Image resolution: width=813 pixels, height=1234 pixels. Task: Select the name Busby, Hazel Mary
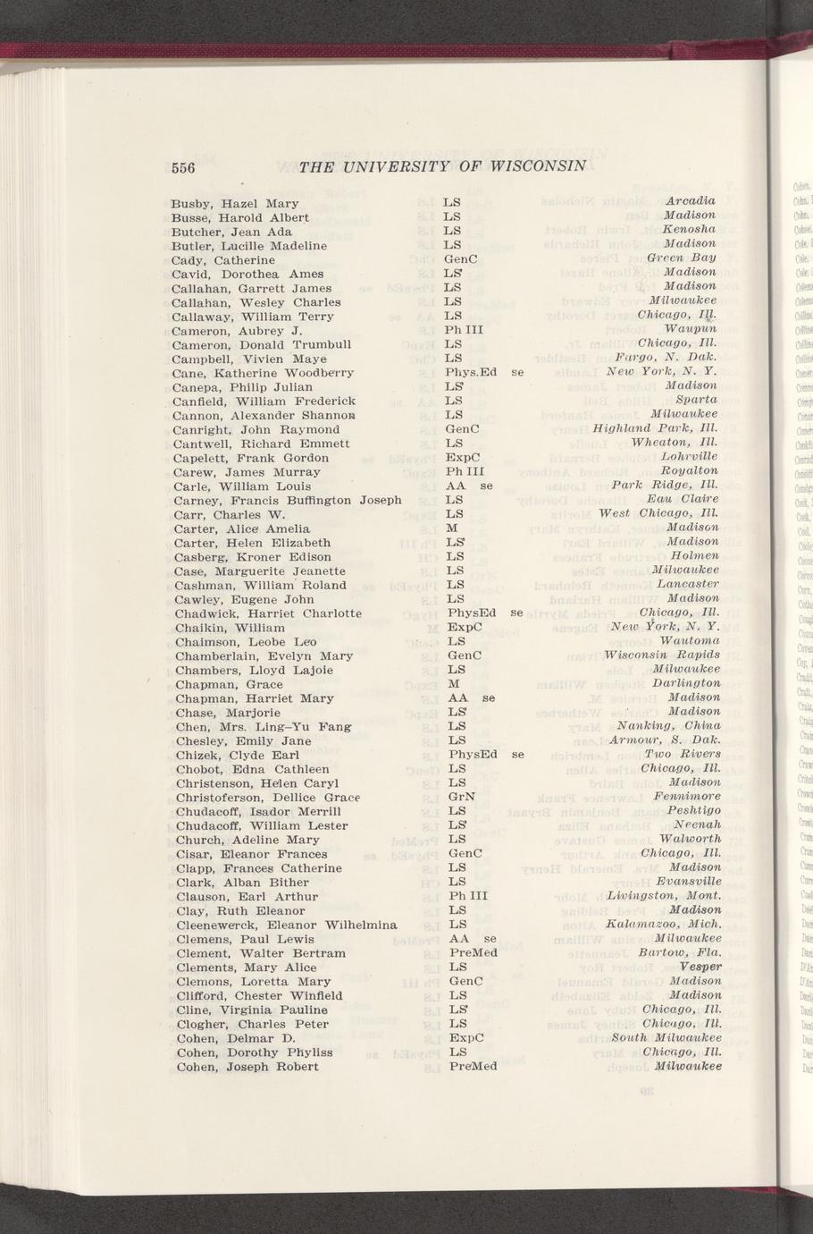235,203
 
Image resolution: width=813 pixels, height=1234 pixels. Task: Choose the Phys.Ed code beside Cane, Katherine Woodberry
470,372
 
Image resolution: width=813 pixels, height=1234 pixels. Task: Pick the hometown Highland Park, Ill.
655,428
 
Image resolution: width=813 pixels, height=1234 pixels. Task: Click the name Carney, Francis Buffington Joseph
288,500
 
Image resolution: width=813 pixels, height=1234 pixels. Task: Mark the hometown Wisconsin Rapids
662,655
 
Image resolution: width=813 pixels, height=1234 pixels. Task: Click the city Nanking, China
668,725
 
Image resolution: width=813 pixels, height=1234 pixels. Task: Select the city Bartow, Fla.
680,952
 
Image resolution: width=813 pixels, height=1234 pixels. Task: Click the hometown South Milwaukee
666,1037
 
